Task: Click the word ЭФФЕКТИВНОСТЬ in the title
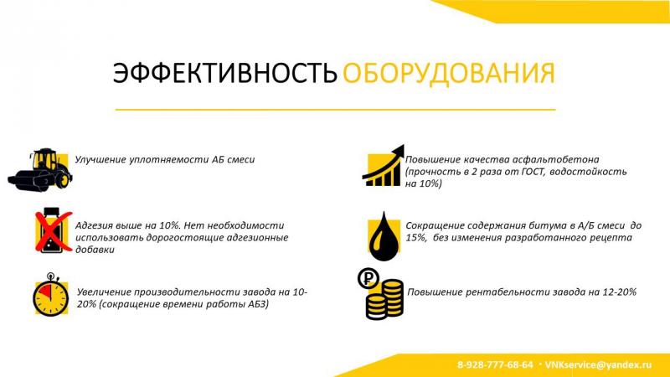tap(224, 73)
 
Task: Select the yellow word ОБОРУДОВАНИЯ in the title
tap(449, 73)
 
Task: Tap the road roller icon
tap(39, 170)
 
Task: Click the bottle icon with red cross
tap(53, 230)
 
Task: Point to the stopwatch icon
tap(50, 295)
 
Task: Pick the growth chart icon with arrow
tap(383, 166)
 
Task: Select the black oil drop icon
tap(384, 236)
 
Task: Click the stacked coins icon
tap(384, 299)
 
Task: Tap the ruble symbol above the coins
tap(368, 278)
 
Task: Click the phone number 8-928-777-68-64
tap(495, 365)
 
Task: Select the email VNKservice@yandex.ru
tap(598, 365)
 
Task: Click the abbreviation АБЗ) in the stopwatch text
tap(259, 304)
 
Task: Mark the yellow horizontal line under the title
tap(336, 110)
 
